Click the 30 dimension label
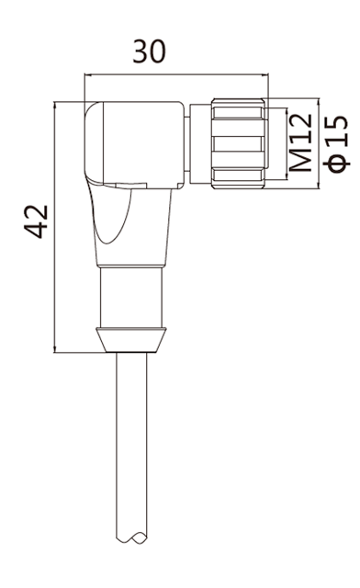pos(150,51)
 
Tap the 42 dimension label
pos(37,221)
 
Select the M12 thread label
pos(300,143)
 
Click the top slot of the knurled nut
pos(237,112)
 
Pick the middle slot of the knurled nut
pos(237,143)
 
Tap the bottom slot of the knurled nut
pos(237,175)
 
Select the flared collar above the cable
pos(131,340)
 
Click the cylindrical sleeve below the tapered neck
pos(131,297)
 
